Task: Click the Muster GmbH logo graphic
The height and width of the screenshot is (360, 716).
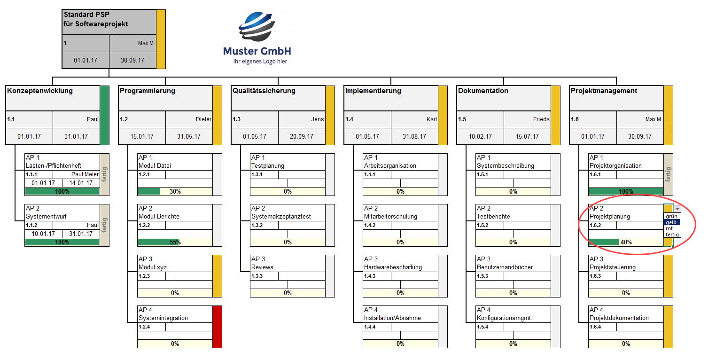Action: point(257,27)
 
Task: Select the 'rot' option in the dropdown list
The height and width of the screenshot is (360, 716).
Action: point(669,228)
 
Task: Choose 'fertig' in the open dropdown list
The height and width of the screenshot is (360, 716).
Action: point(672,235)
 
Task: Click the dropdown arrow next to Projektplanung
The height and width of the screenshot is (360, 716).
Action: point(677,209)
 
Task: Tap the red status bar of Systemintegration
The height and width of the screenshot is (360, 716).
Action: point(218,327)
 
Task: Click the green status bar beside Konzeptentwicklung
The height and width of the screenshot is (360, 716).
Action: point(104,115)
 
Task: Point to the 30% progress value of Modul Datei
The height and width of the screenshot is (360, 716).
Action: point(175,191)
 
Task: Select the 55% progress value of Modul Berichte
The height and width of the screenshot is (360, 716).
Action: point(175,243)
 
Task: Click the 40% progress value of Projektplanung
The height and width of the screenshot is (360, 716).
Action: point(626,243)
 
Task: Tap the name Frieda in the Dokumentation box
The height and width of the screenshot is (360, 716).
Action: point(541,119)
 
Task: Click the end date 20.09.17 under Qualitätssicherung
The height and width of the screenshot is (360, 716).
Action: point(302,136)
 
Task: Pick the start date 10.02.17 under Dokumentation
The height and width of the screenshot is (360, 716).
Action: point(480,136)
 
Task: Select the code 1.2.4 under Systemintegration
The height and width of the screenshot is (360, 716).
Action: point(144,327)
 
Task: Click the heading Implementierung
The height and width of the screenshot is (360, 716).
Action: point(373,91)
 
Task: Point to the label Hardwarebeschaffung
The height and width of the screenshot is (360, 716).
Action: point(393,267)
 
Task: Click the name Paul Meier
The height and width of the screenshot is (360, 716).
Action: point(85,174)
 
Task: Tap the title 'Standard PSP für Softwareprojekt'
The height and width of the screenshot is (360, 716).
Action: point(95,19)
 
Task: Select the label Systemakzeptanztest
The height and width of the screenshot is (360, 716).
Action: point(281,217)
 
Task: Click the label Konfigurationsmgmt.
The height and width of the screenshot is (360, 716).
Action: point(505,318)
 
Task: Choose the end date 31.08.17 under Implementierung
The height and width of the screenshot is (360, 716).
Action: point(414,136)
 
